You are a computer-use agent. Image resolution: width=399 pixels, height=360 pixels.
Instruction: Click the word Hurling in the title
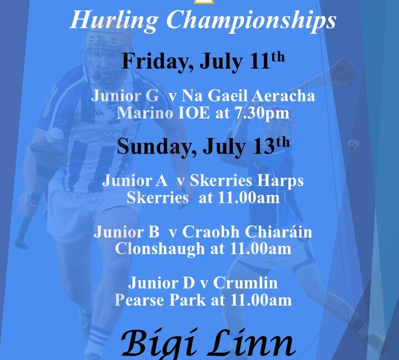tap(114, 21)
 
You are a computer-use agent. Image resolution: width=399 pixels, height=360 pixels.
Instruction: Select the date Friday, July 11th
tap(203, 61)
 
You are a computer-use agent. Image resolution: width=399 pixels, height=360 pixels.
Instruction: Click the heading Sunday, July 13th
tap(203, 146)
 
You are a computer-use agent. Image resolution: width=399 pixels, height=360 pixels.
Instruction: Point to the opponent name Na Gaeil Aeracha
tap(248, 96)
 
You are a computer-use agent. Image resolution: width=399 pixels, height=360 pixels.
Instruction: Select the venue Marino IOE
tap(163, 113)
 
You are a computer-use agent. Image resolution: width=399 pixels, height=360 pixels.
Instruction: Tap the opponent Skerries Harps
tap(247, 181)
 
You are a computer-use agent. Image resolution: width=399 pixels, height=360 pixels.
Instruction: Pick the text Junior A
tap(135, 181)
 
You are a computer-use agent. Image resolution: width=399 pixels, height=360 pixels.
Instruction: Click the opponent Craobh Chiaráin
tap(247, 232)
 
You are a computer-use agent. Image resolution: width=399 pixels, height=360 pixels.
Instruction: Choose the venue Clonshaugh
tap(160, 249)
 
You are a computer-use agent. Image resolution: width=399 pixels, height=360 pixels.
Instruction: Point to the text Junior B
tap(126, 232)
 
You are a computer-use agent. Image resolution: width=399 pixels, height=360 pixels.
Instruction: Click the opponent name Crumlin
tap(245, 282)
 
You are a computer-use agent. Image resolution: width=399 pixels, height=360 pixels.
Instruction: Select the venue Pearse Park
tap(160, 300)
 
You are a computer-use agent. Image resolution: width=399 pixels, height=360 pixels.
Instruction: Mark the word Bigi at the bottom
tap(160, 344)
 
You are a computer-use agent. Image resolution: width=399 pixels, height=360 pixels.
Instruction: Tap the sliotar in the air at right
tap(353, 145)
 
